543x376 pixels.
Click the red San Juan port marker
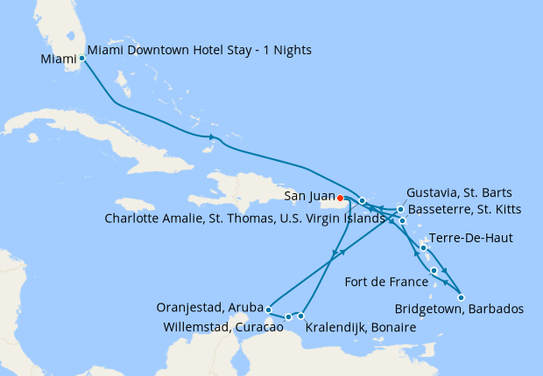tap(340, 198)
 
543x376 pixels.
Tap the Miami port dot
tap(81, 59)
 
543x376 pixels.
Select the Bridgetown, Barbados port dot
tap(462, 297)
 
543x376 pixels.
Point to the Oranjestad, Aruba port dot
tap(267, 308)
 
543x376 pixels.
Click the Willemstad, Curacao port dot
tap(288, 317)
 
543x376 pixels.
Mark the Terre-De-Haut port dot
tap(423, 247)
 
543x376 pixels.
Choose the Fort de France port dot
tap(434, 271)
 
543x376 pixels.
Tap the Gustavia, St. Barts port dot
tap(400, 209)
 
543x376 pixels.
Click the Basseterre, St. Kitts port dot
tap(402, 220)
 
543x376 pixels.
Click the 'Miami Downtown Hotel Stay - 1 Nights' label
tap(200, 51)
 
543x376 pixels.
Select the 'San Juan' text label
tap(308, 198)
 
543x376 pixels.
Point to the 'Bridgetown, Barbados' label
tap(459, 310)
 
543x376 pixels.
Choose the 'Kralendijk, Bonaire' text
tap(360, 328)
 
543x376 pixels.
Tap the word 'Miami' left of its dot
tap(58, 59)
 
